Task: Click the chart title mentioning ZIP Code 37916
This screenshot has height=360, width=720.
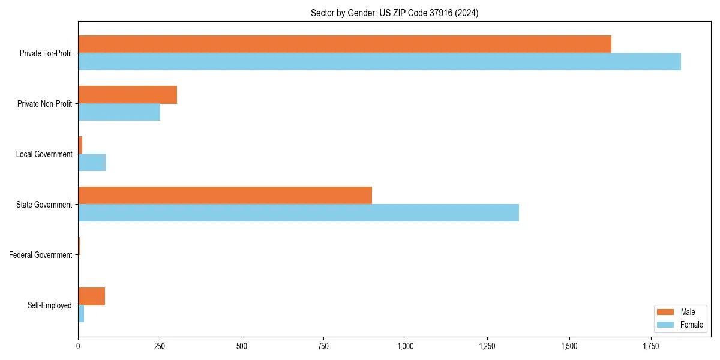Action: click(394, 13)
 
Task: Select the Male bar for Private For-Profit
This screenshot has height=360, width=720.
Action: click(344, 44)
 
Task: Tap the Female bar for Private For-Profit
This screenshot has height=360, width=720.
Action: click(379, 61)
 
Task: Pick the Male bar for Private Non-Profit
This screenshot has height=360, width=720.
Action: click(127, 94)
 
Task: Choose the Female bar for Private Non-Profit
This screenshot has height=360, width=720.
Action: click(119, 112)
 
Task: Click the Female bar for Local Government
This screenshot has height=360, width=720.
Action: click(92, 162)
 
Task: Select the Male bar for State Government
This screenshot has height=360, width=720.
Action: click(225, 195)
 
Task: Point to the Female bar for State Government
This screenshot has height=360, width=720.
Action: click(298, 212)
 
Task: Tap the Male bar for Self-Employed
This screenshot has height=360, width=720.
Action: click(91, 296)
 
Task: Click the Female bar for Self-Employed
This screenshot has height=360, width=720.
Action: click(81, 313)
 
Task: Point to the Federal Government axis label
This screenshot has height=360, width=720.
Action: click(40, 255)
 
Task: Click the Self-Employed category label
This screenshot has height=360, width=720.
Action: click(49, 305)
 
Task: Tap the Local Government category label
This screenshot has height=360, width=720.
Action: click(44, 154)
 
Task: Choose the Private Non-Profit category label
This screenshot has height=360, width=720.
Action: click(44, 104)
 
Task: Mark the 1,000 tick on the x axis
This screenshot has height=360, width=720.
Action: click(406, 346)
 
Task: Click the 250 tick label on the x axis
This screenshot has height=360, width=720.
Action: click(160, 346)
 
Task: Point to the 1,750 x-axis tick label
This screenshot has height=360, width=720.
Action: click(651, 346)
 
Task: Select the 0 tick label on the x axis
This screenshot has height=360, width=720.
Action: click(78, 346)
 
